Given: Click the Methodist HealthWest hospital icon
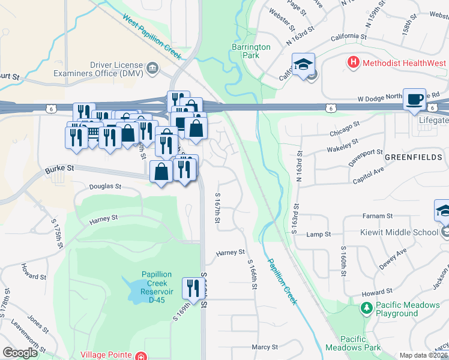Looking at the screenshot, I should [x=354, y=62].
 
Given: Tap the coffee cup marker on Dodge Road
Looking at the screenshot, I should [x=414, y=99].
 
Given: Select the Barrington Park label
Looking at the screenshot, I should [x=251, y=51].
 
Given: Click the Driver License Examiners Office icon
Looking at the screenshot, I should [x=152, y=68].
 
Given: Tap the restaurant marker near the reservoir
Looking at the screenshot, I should [x=192, y=289].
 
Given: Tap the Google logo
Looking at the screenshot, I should [x=20, y=353].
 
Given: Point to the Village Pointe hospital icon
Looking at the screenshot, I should [x=140, y=356].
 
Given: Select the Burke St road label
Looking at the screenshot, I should [x=59, y=170].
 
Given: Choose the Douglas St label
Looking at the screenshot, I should [x=105, y=187].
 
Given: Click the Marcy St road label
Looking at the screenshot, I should [x=265, y=347].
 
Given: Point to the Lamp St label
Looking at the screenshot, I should [x=319, y=234].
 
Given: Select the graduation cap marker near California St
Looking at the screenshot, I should [x=304, y=64].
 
